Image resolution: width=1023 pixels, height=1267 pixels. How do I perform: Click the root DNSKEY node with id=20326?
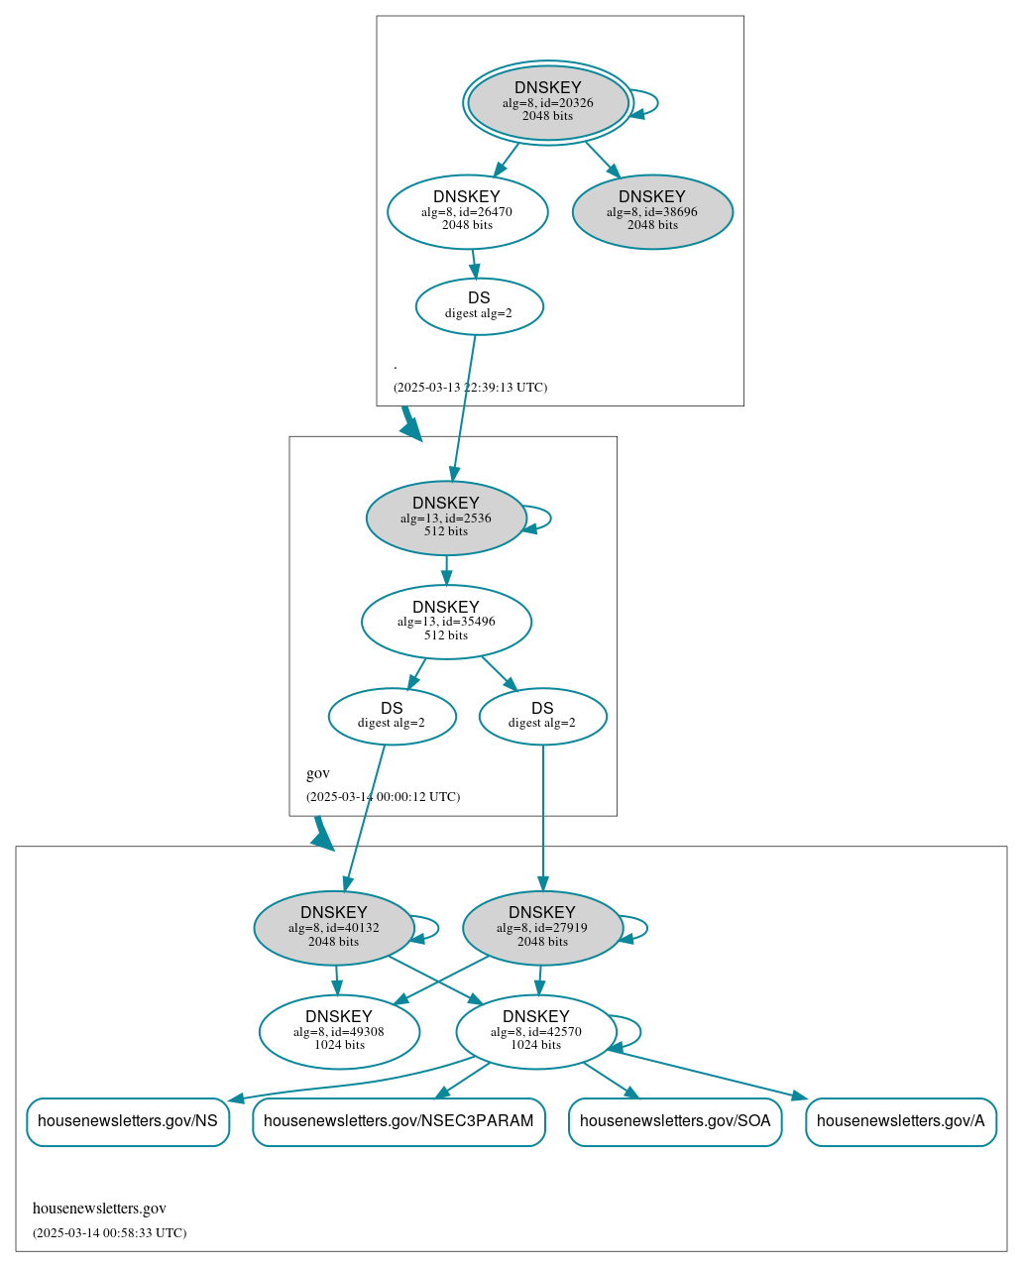tap(547, 102)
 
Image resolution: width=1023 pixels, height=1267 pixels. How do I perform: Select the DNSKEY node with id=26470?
tap(467, 211)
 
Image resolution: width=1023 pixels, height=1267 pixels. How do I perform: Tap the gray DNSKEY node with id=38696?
tap(652, 211)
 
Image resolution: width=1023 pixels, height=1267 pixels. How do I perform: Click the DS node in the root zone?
tap(479, 305)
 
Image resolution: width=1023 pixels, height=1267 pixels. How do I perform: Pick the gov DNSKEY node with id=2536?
tap(446, 518)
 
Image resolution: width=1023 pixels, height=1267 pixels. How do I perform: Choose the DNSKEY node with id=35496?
tap(446, 622)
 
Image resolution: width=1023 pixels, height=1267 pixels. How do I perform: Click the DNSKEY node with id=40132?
tap(334, 928)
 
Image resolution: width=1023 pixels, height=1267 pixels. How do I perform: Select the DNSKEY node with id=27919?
tap(542, 928)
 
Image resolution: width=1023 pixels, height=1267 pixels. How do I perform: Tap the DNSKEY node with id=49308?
tap(339, 1031)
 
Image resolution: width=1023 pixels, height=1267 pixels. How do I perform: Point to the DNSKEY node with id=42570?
tap(535, 1031)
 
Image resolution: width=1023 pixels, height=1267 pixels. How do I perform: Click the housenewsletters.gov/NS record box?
tap(128, 1121)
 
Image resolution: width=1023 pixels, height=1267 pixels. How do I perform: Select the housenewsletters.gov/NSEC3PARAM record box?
tap(398, 1121)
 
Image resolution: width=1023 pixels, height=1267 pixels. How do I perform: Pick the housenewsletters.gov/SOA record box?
tap(675, 1121)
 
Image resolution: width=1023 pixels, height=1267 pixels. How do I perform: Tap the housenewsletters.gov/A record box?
tap(900, 1121)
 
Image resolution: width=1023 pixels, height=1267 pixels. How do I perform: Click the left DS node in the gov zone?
tap(392, 716)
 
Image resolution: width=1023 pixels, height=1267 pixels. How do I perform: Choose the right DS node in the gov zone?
tap(542, 716)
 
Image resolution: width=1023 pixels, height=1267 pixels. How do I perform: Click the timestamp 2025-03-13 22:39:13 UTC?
tap(470, 388)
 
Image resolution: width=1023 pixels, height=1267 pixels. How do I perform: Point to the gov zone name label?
tap(318, 773)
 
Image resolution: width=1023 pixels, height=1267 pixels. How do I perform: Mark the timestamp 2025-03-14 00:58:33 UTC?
tap(109, 1233)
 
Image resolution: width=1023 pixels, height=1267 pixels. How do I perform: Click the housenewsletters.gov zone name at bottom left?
tap(99, 1209)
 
